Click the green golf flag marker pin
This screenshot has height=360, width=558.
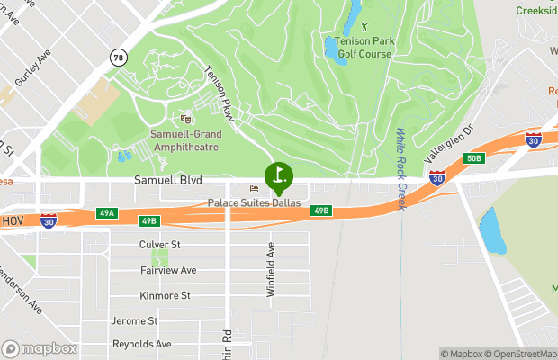[279, 175]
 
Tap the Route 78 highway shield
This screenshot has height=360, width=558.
[118, 58]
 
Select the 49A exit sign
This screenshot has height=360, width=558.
[108, 213]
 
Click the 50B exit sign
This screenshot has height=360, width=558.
[474, 158]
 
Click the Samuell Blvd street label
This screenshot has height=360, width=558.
[168, 181]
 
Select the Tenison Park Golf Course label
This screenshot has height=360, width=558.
[364, 47]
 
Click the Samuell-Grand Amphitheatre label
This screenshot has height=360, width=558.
[184, 140]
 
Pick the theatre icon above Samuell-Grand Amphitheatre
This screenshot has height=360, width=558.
[185, 119]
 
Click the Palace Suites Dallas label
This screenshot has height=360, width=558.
[254, 202]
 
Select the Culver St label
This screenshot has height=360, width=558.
[160, 244]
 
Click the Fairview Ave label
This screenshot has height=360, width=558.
[168, 270]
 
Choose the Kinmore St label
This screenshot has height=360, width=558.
[165, 295]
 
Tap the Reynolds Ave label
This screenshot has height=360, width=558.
[141, 345]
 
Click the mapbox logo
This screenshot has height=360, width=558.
[40, 348]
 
